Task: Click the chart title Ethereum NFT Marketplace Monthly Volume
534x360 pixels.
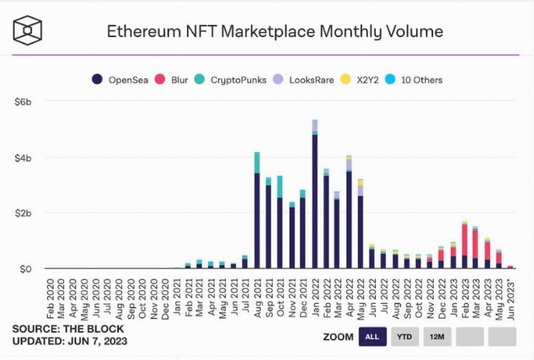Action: click(274, 31)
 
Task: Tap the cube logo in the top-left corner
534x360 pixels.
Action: click(28, 31)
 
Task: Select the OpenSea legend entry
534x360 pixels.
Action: click(121, 80)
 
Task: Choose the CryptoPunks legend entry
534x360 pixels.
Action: click(231, 80)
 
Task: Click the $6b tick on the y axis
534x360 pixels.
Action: click(23, 102)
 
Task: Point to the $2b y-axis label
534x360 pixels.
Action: click(23, 213)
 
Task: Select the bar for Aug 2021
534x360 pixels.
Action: click(257, 213)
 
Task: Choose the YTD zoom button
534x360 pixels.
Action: click(405, 337)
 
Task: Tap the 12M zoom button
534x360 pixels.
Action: click(437, 337)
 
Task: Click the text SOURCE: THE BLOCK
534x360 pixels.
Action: click(68, 329)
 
